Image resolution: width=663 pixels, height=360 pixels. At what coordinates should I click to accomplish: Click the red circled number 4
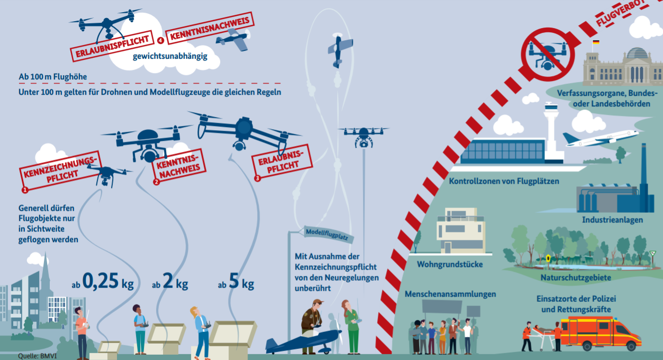(160, 40)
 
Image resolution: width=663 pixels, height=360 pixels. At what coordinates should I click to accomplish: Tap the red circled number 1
(25, 190)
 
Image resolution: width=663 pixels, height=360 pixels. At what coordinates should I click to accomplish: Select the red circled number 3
(257, 178)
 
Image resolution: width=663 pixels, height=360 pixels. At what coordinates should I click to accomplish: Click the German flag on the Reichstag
(596, 42)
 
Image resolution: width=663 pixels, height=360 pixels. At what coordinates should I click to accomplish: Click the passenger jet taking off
(601, 139)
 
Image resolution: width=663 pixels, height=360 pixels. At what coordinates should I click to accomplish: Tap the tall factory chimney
(643, 178)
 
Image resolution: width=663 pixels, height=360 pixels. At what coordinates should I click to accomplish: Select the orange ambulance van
(601, 333)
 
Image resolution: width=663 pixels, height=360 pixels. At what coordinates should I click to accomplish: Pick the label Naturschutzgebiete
(576, 278)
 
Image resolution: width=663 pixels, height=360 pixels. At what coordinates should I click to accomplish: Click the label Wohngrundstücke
(450, 264)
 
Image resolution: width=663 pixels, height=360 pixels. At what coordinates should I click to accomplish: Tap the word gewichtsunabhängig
(170, 56)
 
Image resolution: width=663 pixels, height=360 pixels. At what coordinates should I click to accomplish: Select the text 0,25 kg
(108, 281)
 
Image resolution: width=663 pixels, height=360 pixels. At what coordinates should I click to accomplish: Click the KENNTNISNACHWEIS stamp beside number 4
(210, 28)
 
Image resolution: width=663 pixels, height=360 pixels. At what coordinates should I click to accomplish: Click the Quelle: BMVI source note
(37, 356)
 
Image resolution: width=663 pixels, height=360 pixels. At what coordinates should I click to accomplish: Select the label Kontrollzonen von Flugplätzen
(504, 181)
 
